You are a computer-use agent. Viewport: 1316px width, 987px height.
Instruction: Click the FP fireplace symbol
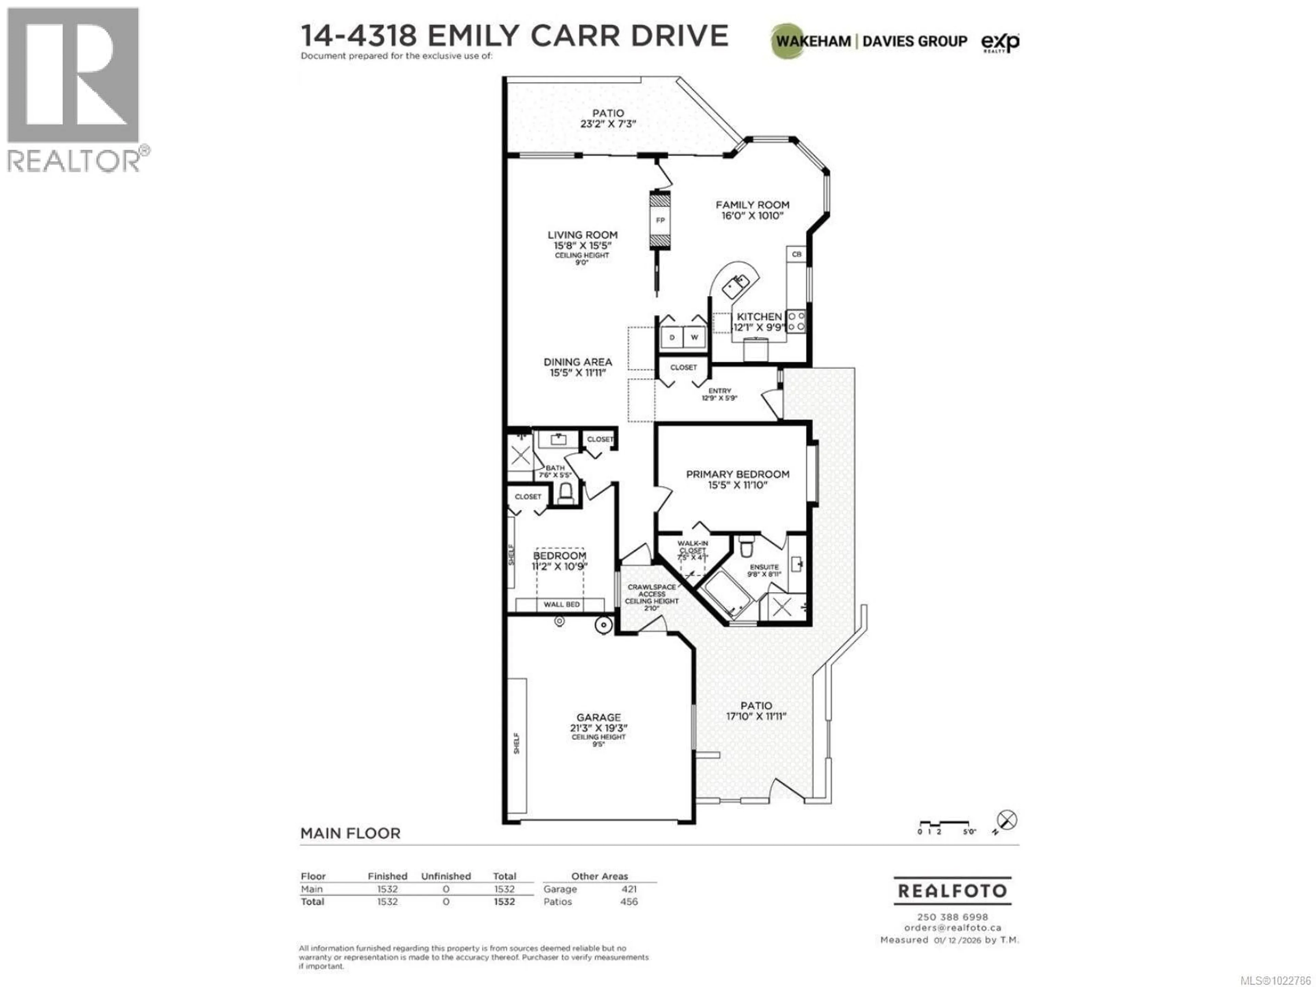pos(660,220)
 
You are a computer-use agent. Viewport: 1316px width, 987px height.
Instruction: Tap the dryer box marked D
pos(672,337)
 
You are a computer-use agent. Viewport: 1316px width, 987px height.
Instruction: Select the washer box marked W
pos(694,337)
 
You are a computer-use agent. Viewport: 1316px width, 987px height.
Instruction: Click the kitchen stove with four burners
pos(796,321)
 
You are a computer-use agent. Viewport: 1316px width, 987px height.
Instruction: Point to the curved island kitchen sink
pos(736,285)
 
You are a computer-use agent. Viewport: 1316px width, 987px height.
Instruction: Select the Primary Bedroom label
pos(738,474)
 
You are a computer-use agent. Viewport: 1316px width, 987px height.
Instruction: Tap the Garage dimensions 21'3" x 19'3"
pos(598,728)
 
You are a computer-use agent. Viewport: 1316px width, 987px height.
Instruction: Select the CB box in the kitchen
pos(796,254)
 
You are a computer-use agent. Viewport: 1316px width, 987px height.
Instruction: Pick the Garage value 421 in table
pos(629,889)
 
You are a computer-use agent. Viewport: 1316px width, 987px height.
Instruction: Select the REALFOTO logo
pos(952,891)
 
